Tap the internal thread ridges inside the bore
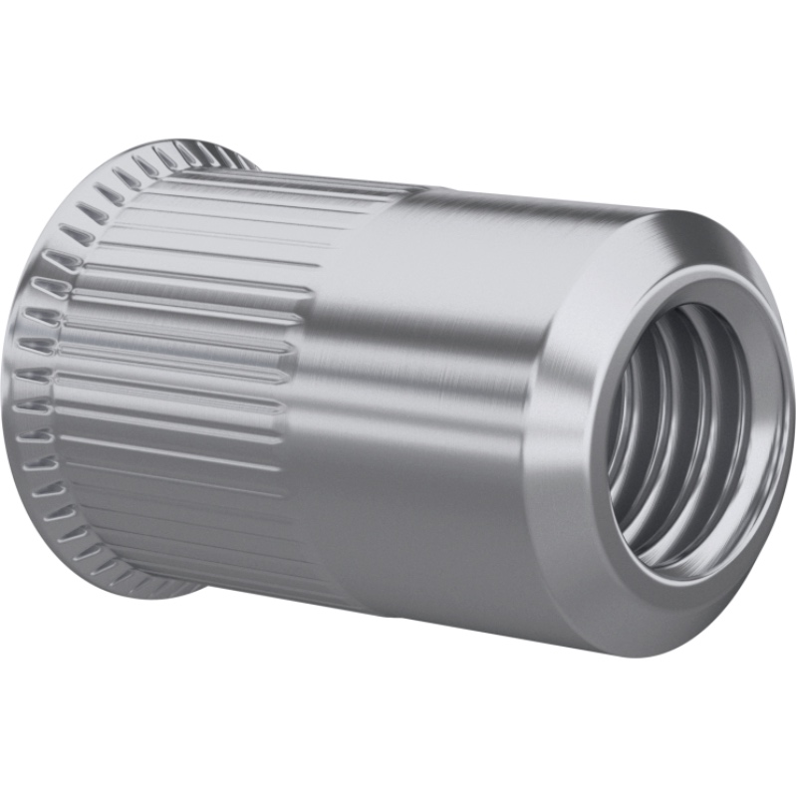pos(648,438)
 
